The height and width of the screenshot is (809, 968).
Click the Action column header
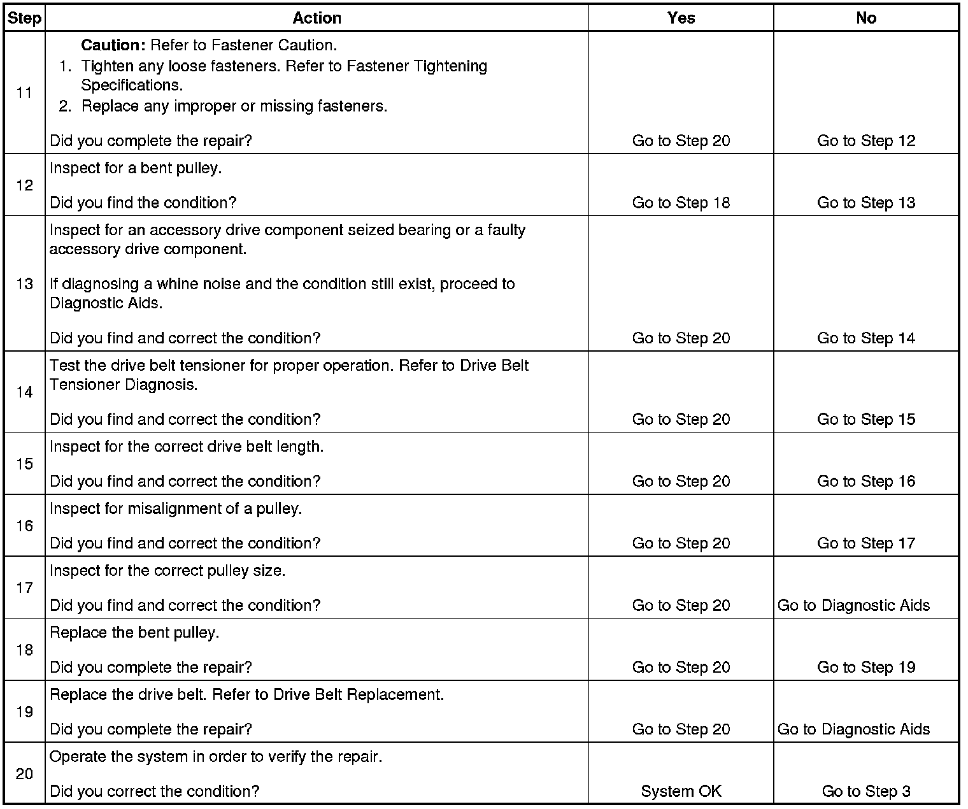(317, 18)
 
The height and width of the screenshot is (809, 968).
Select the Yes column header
(681, 18)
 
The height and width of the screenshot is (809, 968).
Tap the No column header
(865, 18)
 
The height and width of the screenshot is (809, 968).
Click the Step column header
(24, 18)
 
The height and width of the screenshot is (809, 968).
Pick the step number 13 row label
(24, 283)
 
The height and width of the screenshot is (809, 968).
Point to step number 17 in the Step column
(24, 587)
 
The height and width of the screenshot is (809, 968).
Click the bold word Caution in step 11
(113, 46)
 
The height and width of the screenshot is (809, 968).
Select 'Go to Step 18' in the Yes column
(681, 203)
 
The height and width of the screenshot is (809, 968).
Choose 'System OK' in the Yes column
(681, 792)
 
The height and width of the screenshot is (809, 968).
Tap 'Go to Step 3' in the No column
(865, 792)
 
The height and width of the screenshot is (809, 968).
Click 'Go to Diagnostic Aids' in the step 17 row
(853, 606)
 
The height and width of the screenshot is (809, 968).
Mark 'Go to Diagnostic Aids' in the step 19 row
(853, 730)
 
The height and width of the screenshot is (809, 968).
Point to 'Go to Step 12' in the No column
(865, 141)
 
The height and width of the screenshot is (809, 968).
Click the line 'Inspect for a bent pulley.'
(136, 169)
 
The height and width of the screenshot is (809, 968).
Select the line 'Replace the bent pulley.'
(134, 633)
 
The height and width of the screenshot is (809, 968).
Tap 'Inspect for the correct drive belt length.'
(187, 447)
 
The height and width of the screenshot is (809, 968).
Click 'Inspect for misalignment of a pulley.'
(176, 510)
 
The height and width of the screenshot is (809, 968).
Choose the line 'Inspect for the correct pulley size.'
(167, 571)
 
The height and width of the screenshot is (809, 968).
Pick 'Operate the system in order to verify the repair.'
(216, 757)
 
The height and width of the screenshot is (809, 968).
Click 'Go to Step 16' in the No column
(865, 482)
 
